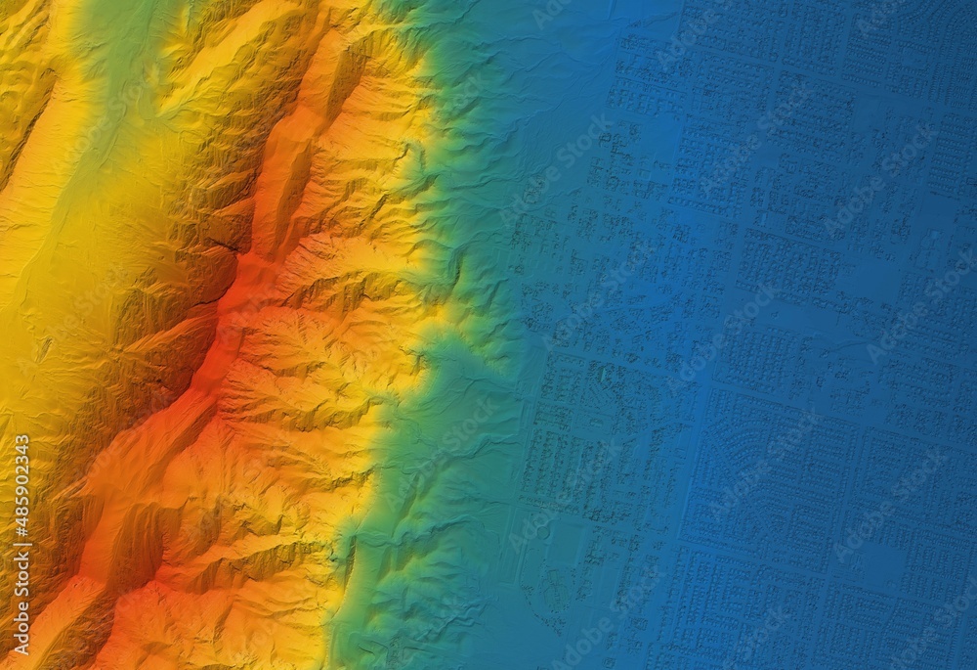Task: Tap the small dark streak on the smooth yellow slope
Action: (44, 347)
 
